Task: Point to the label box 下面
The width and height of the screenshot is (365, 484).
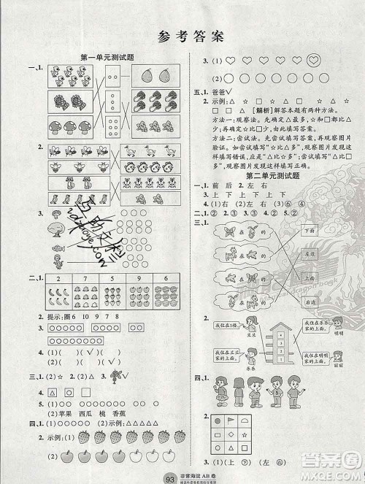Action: tap(307, 230)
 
